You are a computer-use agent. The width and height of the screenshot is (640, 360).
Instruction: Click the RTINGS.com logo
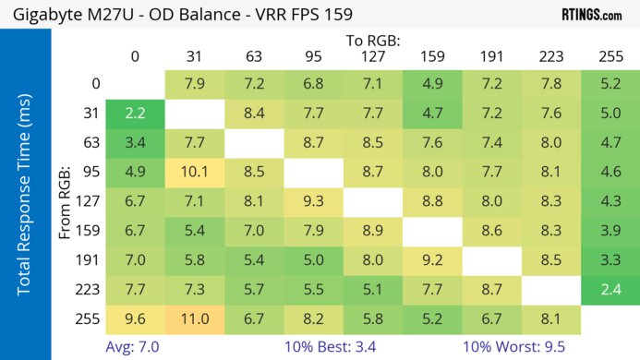coord(591,15)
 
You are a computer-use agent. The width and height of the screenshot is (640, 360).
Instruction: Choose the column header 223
coord(550,56)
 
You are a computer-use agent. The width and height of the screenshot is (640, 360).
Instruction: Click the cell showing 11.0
coord(195,319)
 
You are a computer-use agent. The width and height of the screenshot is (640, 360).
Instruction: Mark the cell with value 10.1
coord(195,172)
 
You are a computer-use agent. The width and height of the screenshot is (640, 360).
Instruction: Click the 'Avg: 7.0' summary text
coord(134,348)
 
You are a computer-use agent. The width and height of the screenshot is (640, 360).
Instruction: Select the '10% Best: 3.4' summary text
coord(328,348)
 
